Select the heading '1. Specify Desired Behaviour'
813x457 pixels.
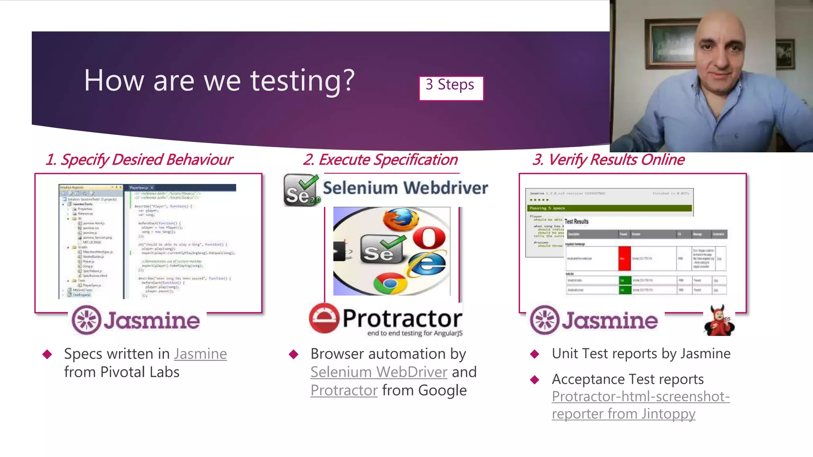139,160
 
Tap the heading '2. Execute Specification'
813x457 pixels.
380,160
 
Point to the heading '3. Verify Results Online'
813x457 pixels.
608,160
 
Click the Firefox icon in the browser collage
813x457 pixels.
400,220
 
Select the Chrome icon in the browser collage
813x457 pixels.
390,283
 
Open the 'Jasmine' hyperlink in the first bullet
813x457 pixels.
200,354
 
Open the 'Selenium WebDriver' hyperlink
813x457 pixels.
379,372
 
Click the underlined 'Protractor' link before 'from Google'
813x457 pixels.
344,390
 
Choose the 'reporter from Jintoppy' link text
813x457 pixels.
623,414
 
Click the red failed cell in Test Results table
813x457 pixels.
624,258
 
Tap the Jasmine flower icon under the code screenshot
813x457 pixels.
87,320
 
